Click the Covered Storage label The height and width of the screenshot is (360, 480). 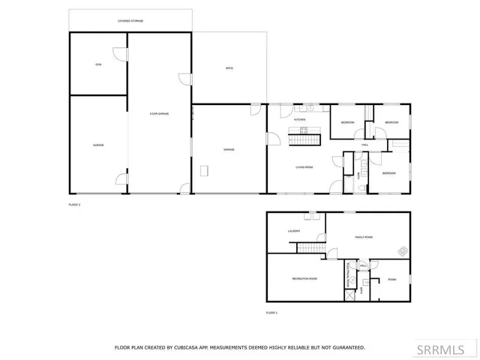tap(130, 21)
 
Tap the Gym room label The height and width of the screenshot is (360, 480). tap(97, 64)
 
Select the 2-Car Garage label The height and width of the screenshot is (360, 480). tap(159, 113)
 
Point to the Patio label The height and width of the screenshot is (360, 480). tap(229, 68)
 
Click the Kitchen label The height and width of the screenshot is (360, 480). tap(299, 120)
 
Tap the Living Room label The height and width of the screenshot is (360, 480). tap(304, 167)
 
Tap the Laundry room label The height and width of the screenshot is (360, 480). tap(294, 231)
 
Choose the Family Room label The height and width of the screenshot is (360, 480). tap(364, 237)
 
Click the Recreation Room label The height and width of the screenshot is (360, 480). tap(304, 278)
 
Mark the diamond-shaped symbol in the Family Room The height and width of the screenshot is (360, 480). tap(403, 250)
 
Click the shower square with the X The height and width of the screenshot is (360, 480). tap(349, 295)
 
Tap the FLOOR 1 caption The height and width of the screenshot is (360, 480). tap(271, 312)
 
